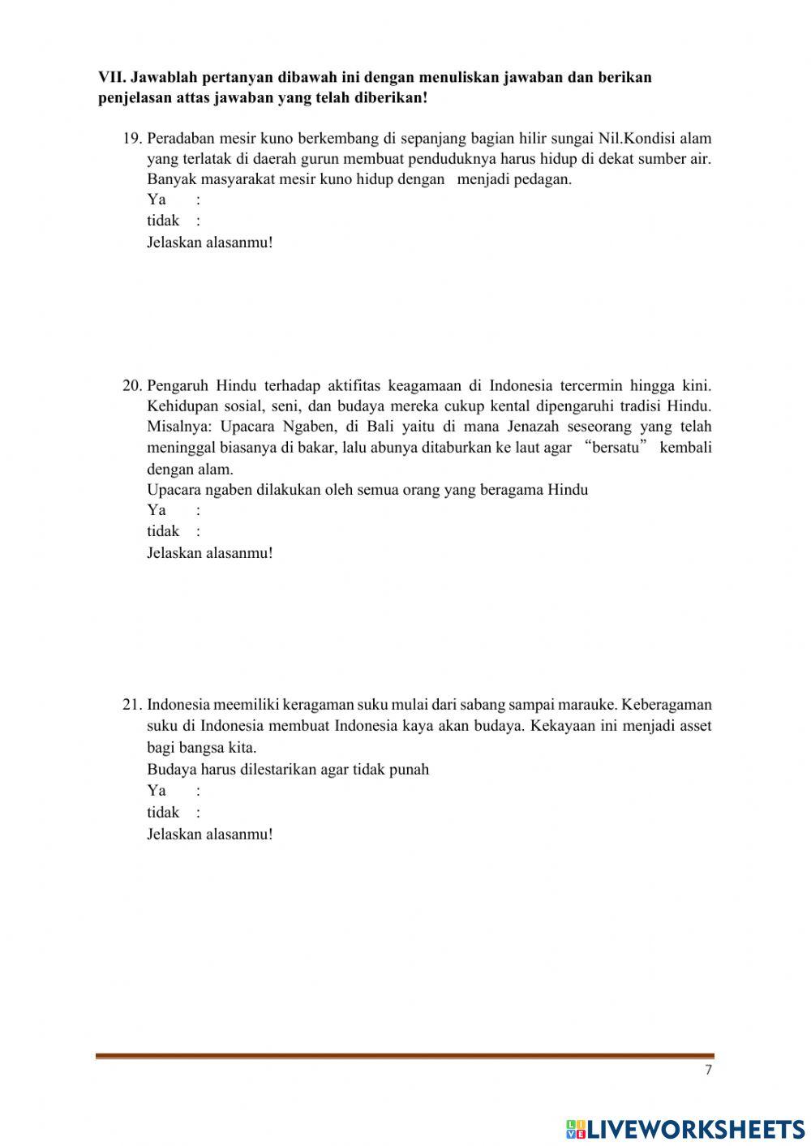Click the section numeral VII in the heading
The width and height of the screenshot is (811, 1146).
[x=110, y=78]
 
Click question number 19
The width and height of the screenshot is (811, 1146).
[x=132, y=138]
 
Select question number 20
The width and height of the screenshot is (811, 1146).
[x=132, y=385]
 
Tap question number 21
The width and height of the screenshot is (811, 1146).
[x=132, y=705]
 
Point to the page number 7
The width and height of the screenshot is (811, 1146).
[x=708, y=1070]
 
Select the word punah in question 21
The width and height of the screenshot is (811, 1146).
[x=410, y=769]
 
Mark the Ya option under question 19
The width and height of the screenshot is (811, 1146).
[x=157, y=200]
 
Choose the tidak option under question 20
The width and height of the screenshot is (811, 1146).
[x=163, y=531]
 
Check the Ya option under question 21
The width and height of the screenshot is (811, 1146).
[x=157, y=791]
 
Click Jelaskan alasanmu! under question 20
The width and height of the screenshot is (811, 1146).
[x=210, y=553]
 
